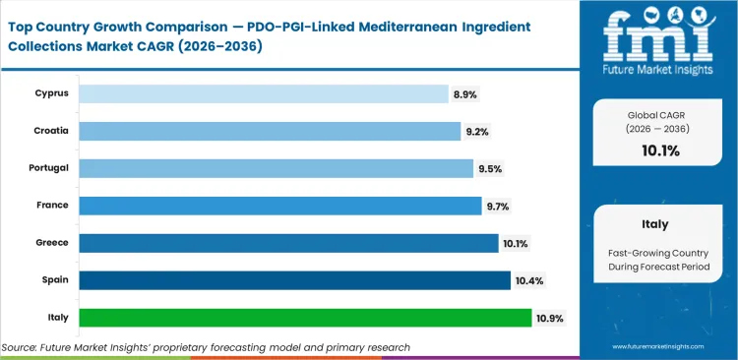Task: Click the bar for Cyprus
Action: point(263,93)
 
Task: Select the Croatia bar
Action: point(269,131)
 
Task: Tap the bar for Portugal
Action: point(276,168)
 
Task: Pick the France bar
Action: point(279,206)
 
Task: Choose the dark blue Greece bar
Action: point(288,243)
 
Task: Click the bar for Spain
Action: point(294,280)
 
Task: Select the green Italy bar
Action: point(305,318)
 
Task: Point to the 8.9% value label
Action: point(464,93)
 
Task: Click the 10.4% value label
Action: point(528,280)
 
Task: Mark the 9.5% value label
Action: point(490,168)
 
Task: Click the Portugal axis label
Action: point(49,168)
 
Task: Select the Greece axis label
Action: point(53,243)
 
